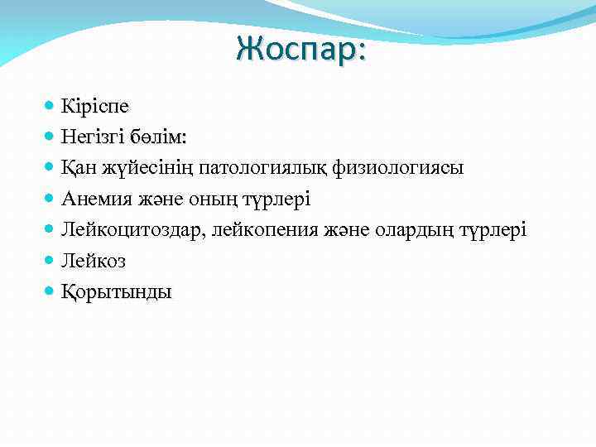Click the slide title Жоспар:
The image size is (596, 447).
301,49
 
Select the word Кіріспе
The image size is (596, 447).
94,106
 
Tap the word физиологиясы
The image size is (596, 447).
398,168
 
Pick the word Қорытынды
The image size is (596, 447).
117,291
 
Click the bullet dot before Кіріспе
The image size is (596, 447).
50,106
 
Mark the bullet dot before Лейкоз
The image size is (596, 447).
50,260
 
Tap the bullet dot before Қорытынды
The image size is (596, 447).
50,291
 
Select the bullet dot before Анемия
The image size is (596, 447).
50,199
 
